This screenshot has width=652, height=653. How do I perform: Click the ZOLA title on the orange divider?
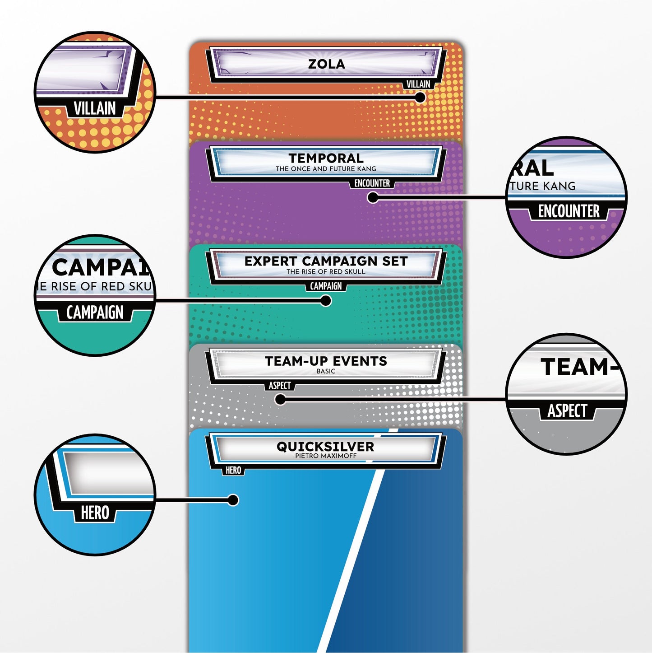(326, 64)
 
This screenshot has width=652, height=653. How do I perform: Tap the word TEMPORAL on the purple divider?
(326, 158)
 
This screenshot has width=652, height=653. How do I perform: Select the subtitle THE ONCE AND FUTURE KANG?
(326, 169)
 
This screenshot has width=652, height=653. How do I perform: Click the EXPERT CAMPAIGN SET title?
(326, 261)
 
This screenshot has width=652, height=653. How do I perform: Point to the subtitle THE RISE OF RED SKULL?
(326, 272)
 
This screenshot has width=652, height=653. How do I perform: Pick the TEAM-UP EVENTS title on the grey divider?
(326, 361)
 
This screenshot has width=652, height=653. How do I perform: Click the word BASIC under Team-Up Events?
(326, 371)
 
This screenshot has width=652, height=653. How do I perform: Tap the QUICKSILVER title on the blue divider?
(325, 447)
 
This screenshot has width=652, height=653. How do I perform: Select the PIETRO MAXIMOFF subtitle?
(326, 456)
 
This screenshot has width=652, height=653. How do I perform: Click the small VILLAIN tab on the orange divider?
(418, 84)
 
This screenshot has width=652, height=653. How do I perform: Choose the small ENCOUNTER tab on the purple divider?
(372, 183)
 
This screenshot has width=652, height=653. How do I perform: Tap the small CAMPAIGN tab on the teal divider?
(326, 286)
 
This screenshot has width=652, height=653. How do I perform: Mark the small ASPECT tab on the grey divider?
(280, 386)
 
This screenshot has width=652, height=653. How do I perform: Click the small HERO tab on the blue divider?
(233, 471)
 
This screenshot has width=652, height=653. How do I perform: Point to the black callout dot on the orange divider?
(420, 97)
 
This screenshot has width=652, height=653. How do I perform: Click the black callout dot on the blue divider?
(233, 500)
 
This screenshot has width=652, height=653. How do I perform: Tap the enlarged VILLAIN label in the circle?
(95, 109)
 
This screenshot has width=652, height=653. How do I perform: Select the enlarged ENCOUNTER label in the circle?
(569, 211)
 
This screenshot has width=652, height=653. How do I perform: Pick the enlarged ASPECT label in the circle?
(567, 411)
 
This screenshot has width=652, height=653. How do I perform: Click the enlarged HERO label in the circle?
(95, 513)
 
